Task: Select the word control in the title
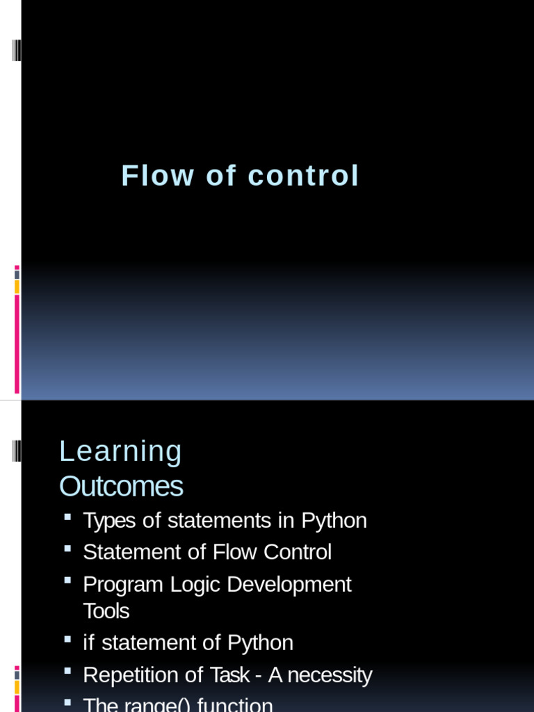pyautogui.click(x=303, y=175)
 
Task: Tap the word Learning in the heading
pyautogui.click(x=120, y=452)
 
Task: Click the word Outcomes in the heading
pyautogui.click(x=121, y=487)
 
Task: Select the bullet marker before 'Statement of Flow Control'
pyautogui.click(x=67, y=549)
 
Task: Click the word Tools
pyautogui.click(x=106, y=611)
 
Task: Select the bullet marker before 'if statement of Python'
pyautogui.click(x=67, y=640)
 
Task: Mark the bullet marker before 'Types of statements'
pyautogui.click(x=67, y=518)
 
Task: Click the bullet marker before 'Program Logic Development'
pyautogui.click(x=67, y=581)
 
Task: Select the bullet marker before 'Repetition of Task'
pyautogui.click(x=67, y=672)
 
